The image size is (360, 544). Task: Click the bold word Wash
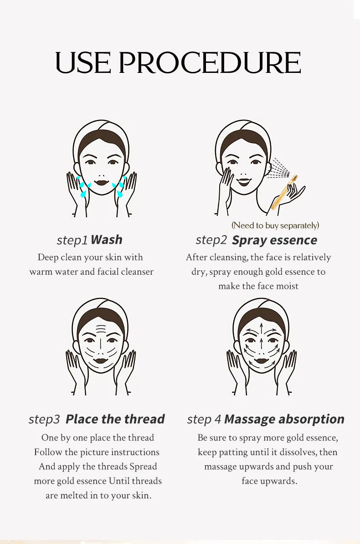[107, 240]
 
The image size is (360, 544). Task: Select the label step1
[72, 241]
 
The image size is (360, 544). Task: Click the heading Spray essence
[274, 241]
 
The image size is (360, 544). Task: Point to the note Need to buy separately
[275, 226]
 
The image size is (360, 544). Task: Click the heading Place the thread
[115, 419]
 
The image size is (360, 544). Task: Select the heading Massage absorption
[284, 419]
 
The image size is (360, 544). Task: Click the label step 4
[204, 420]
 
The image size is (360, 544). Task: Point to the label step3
[44, 420]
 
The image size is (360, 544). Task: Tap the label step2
[211, 240]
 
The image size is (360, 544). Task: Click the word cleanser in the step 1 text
[135, 272]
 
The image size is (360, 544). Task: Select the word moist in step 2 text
[287, 287]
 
